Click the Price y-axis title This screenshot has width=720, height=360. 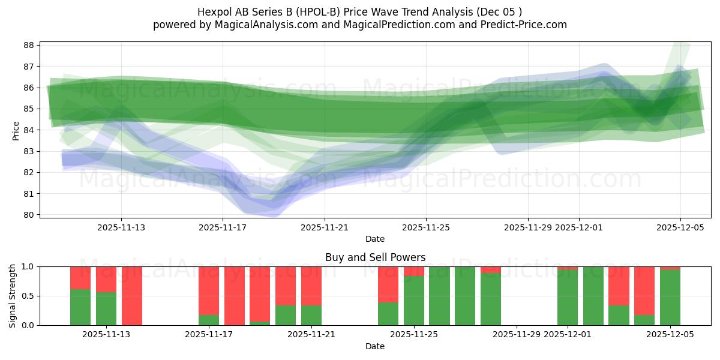tap(16, 130)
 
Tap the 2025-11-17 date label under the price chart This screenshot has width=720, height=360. tap(223, 227)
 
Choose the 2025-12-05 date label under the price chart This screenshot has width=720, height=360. tap(680, 227)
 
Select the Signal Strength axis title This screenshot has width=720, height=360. tap(13, 296)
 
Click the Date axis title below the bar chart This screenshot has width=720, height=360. tap(375, 346)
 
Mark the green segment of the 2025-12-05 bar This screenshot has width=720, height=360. tap(670, 298)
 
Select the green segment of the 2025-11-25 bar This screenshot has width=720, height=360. tap(414, 301)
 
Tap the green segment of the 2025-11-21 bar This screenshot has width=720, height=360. tap(311, 316)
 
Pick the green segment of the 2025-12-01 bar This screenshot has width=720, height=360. tap(568, 298)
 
